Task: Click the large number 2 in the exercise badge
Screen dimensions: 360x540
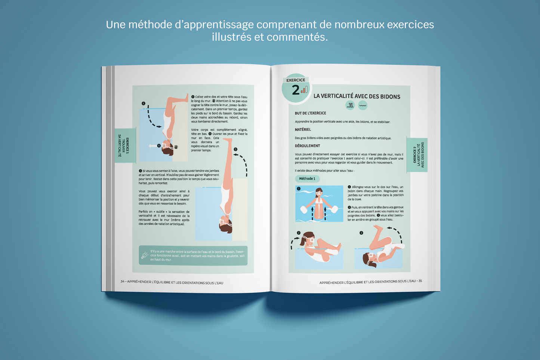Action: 296,90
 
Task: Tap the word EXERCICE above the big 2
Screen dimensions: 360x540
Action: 296,80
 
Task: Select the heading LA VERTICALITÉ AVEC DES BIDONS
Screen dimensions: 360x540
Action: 357,96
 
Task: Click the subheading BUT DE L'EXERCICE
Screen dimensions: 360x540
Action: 310,113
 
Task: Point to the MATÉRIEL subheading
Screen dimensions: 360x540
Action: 303,129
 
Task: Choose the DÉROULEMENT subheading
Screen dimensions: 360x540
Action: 307,146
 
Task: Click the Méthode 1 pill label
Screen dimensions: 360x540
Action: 307,179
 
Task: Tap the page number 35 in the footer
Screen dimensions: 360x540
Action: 420,281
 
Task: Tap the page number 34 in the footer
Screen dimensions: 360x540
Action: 123,281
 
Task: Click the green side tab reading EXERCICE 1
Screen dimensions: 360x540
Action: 125,145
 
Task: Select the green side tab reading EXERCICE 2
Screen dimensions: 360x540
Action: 417,154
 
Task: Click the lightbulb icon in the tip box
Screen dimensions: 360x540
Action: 144,255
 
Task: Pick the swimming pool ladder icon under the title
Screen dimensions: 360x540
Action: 350,105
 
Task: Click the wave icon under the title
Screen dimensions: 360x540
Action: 362,105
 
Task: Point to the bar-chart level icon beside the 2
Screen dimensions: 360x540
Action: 304,90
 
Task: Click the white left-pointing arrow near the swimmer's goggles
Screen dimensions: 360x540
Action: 152,146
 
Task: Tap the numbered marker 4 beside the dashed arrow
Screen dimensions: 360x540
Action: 144,104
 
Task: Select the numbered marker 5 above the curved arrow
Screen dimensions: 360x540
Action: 235,149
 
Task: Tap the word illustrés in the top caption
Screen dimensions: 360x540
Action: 232,37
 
